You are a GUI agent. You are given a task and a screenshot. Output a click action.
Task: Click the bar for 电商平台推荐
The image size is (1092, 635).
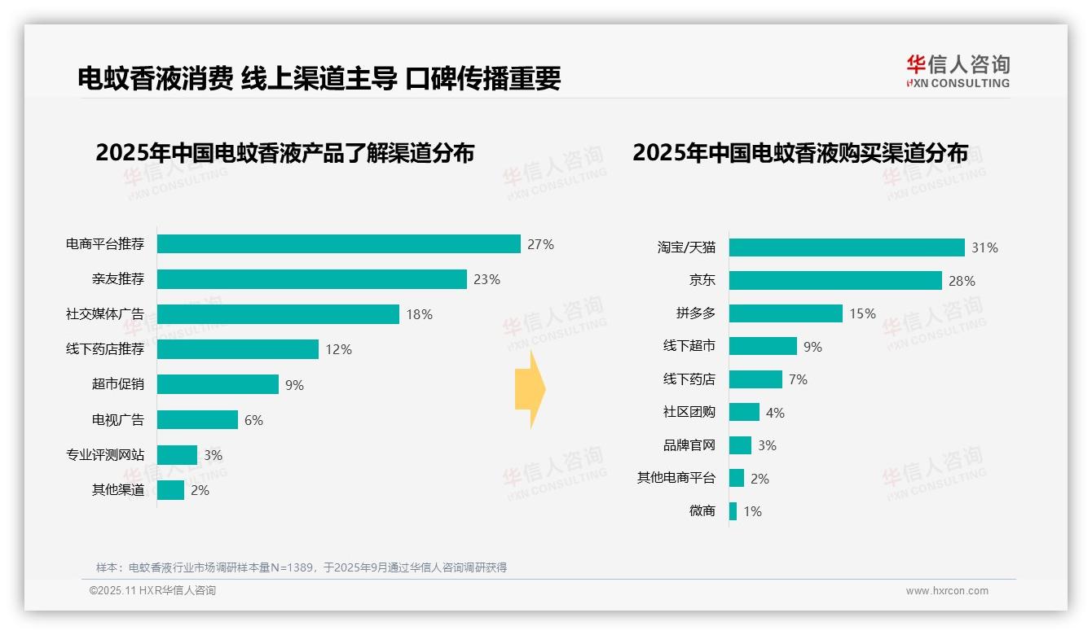point(338,244)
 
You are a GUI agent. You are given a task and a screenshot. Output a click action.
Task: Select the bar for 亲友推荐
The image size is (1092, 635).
point(311,279)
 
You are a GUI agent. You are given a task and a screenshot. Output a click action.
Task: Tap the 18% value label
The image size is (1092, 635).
point(419,314)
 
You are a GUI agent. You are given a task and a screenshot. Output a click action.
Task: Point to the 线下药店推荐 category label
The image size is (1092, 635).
point(105,349)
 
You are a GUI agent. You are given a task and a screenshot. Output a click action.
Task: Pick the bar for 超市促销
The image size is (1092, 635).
point(218,384)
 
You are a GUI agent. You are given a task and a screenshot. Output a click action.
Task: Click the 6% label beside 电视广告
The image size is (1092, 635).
point(253,420)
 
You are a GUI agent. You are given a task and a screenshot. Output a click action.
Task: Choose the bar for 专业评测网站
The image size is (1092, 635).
point(177,455)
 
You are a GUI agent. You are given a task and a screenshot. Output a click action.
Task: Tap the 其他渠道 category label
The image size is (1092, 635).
point(118,490)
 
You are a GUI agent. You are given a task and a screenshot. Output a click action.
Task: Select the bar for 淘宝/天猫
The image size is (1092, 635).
point(847,247)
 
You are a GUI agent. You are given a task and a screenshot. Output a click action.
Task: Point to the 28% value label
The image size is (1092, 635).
point(962,281)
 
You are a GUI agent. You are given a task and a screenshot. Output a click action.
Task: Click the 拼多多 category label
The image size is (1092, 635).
point(695,313)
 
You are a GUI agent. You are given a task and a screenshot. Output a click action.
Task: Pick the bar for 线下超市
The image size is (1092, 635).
point(763,346)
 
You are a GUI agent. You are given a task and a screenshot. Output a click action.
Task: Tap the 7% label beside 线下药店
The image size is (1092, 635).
point(798,379)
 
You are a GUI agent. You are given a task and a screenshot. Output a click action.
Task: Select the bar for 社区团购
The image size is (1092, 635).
point(744,412)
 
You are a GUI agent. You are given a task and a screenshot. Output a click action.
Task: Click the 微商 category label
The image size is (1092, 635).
point(702,511)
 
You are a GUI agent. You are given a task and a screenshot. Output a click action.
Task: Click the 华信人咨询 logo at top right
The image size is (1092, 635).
point(958,71)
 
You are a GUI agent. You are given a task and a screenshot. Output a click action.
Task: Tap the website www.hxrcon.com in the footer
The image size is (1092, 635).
point(947,591)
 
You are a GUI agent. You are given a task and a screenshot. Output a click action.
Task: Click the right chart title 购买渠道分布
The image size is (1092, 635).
point(800,153)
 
